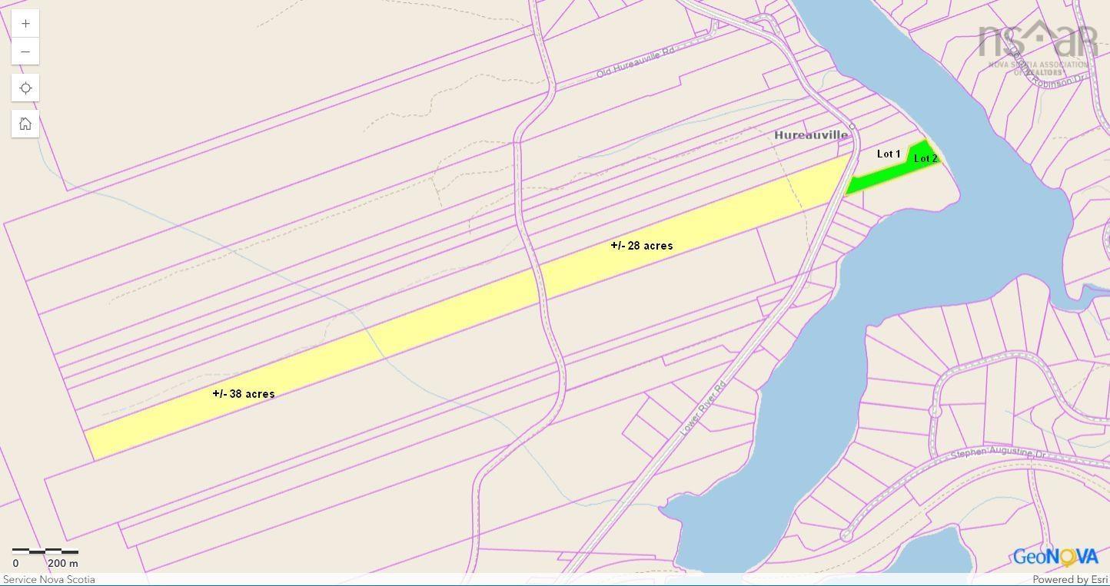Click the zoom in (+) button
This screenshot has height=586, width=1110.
pyautogui.click(x=25, y=24)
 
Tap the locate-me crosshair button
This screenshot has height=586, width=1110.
pyautogui.click(x=25, y=88)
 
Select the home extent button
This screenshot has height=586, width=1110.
pyautogui.click(x=25, y=124)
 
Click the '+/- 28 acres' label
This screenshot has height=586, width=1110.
pyautogui.click(x=641, y=246)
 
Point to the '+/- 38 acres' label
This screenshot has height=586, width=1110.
pyautogui.click(x=244, y=394)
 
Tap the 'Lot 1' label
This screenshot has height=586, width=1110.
pyautogui.click(x=889, y=154)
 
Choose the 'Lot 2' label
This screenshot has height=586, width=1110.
pyautogui.click(x=926, y=158)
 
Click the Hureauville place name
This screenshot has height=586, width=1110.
pyautogui.click(x=811, y=135)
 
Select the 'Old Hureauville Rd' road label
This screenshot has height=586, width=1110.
pyautogui.click(x=635, y=62)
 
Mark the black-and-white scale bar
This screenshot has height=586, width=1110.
pyautogui.click(x=45, y=551)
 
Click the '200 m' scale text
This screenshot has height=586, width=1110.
pyautogui.click(x=63, y=564)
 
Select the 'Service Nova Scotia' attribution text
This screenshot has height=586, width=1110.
pyautogui.click(x=49, y=580)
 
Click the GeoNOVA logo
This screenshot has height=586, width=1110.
pyautogui.click(x=1055, y=557)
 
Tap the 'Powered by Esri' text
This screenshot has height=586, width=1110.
pyautogui.click(x=1069, y=580)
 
